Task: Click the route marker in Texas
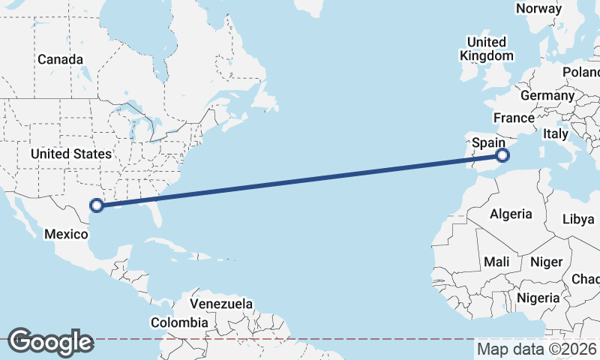point(96,205)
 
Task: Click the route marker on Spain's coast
point(502,156)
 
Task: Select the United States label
point(71,154)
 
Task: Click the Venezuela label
point(220,304)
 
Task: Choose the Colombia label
point(179,322)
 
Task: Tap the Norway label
point(538,9)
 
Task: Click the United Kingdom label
point(486,49)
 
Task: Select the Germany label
point(547,96)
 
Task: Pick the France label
point(514,118)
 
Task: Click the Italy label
point(556,133)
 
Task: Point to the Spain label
point(487,142)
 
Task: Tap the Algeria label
point(511,214)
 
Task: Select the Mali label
point(496,262)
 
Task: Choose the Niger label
point(546,262)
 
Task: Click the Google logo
point(49,342)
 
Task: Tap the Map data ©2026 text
point(537,349)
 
